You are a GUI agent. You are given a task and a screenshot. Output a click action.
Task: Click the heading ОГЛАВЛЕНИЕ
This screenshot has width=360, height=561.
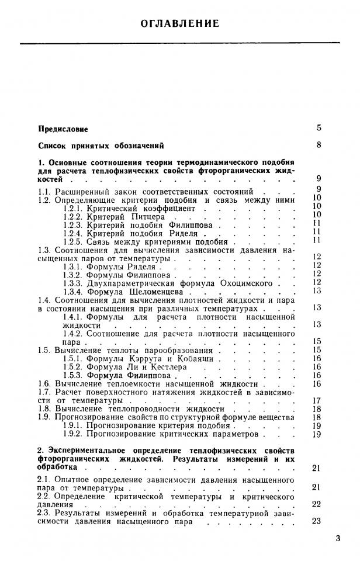click(x=180, y=24)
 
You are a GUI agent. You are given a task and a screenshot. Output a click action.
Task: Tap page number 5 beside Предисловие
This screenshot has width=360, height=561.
click(x=319, y=127)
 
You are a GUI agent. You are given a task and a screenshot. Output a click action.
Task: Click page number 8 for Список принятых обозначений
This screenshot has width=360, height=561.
click(x=319, y=145)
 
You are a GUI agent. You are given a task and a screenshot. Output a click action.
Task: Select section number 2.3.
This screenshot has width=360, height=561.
click(x=44, y=512)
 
